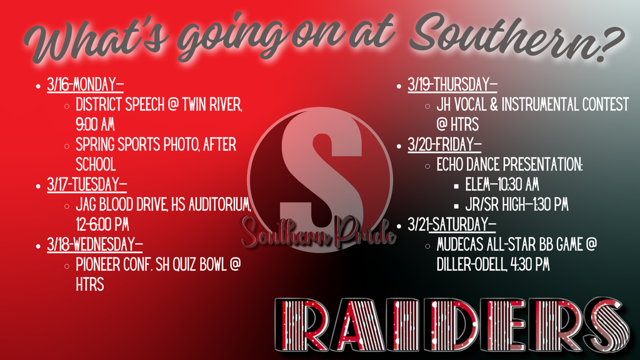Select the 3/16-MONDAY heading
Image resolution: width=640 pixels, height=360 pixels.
[85, 85]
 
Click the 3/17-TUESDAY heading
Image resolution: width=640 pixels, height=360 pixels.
[87, 185]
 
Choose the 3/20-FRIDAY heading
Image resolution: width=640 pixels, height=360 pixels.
[444, 145]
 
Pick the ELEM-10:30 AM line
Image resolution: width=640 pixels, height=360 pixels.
[502, 185]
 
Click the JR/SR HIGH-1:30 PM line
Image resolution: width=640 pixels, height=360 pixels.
[516, 205]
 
